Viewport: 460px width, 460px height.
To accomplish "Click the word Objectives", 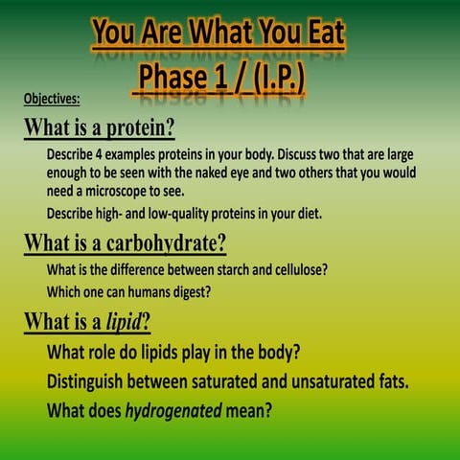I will (52, 98).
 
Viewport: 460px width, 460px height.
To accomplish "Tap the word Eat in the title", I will (317, 34).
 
